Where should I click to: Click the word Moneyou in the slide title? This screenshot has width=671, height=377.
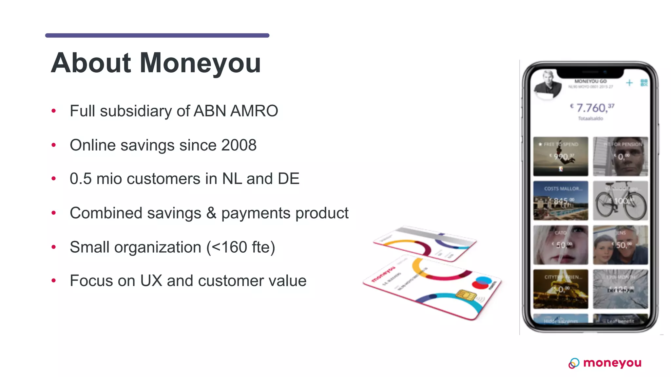200,63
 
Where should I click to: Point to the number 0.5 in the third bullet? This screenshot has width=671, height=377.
81,179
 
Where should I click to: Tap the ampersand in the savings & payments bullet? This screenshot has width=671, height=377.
211,213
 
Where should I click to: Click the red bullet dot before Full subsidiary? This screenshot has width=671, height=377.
54,111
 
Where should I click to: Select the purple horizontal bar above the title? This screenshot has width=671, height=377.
157,35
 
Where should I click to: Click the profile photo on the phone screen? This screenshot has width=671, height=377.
547,84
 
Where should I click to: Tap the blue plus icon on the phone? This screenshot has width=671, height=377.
629,83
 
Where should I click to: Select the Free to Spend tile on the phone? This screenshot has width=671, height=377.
561,156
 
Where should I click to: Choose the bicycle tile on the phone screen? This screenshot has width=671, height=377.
620,201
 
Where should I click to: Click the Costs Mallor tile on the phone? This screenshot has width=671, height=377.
561,201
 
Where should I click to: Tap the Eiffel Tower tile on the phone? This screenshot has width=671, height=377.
561,289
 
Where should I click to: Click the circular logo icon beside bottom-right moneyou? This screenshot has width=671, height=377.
574,363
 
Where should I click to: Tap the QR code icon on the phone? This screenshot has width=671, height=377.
644,83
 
